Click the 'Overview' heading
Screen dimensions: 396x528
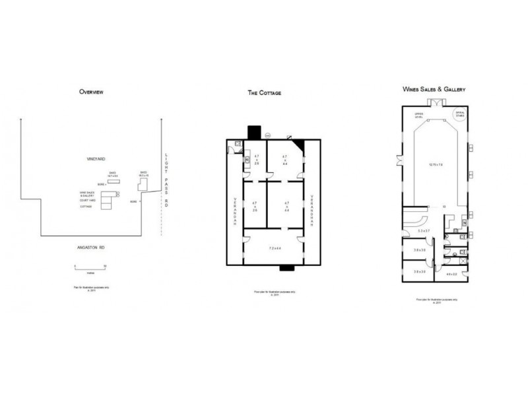tap(90, 92)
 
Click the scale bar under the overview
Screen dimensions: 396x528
tap(90, 266)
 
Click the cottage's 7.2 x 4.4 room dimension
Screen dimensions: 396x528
tap(276, 248)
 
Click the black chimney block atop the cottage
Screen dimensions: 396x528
tap(253, 132)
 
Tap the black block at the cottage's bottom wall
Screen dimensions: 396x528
tap(286, 268)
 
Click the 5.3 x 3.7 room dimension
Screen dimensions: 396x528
tap(424, 231)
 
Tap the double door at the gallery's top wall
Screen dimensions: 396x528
tap(435, 102)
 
